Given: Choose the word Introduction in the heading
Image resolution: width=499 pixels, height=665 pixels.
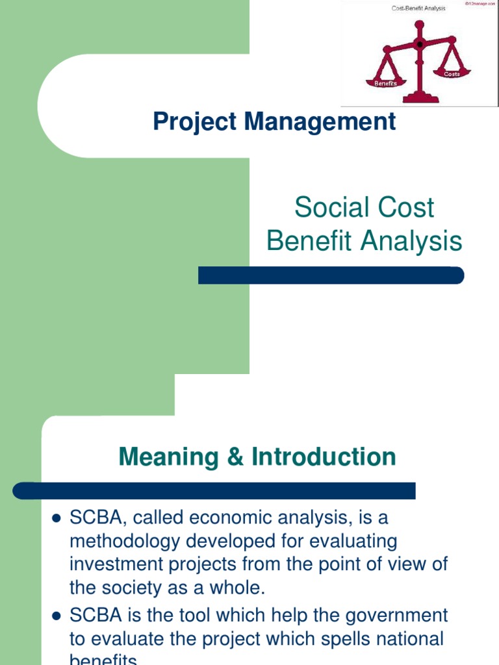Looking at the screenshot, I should point(323,457).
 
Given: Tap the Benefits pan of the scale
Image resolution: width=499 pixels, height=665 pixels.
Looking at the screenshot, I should point(386,82).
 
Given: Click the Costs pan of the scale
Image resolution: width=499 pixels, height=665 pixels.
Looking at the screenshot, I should point(452,73).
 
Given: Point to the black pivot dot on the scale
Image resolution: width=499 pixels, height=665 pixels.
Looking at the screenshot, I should point(419,44).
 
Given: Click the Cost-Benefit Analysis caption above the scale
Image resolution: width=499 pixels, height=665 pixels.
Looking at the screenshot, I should point(418,8).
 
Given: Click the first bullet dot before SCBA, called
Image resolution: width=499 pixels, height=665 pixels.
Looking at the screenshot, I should point(55,519).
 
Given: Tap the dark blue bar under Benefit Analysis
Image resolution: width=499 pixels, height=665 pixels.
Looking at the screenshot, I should point(331,275).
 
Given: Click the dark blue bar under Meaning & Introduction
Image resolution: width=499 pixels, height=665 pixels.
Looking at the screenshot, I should point(214,490).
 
